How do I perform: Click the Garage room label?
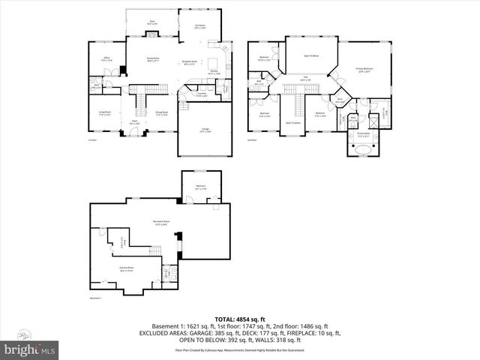(205, 130)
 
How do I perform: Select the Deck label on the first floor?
(152, 22)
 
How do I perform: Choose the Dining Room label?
(161, 113)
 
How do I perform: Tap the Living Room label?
(104, 113)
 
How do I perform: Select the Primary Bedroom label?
(364, 70)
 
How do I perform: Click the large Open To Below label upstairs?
(311, 55)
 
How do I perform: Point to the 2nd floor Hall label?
(305, 79)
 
